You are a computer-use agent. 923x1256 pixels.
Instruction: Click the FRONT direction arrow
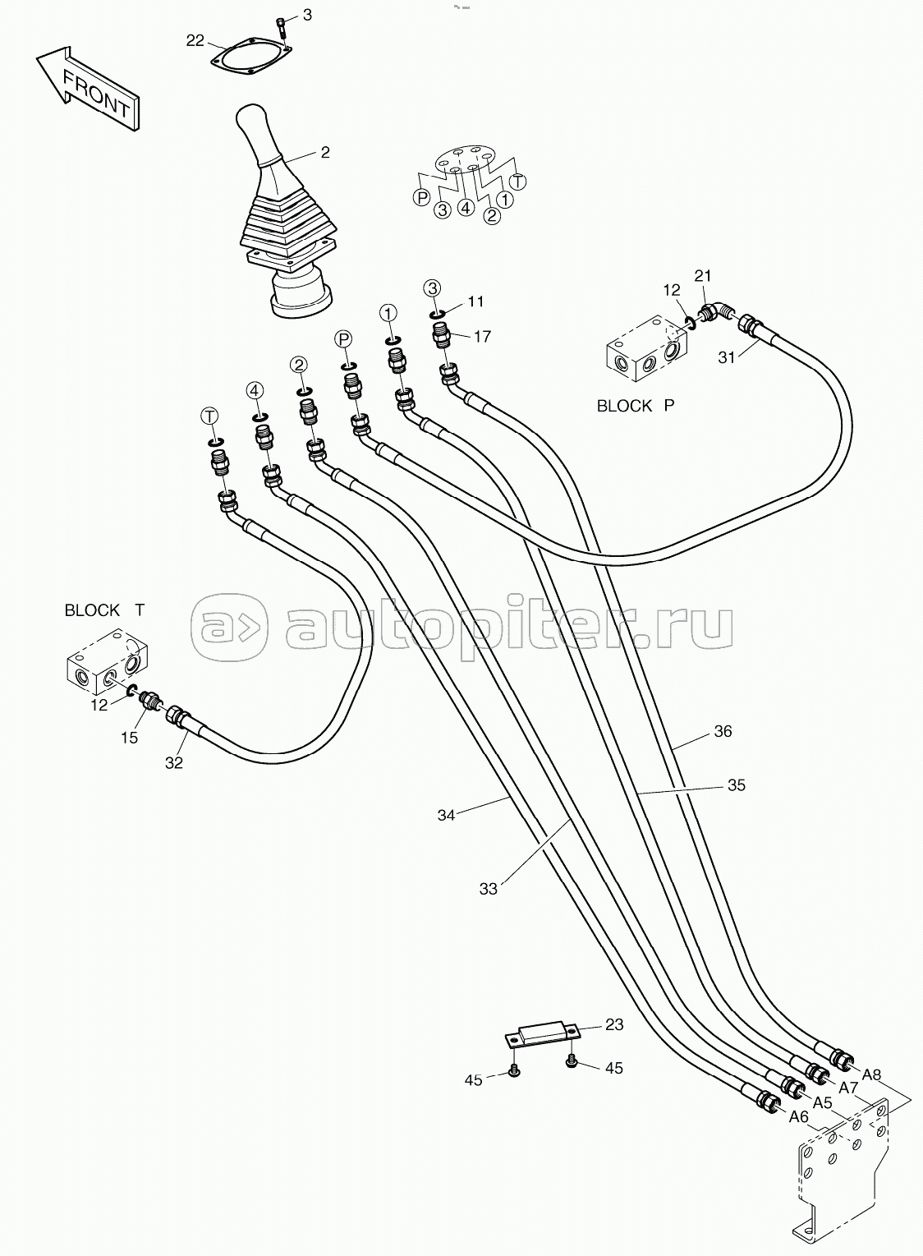(x=88, y=90)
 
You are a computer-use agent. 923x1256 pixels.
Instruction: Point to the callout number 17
(x=482, y=337)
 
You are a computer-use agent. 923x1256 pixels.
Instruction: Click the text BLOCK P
(x=636, y=406)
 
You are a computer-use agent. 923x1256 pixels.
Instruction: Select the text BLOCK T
(x=104, y=610)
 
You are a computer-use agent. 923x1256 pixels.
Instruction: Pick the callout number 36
(x=723, y=731)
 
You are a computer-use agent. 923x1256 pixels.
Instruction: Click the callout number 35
(x=737, y=785)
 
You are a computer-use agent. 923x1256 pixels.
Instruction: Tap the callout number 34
(x=446, y=816)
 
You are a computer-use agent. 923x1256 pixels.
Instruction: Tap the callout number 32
(x=174, y=763)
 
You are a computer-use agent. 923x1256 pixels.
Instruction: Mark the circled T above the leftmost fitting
(x=209, y=416)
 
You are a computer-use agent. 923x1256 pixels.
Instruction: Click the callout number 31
(x=726, y=357)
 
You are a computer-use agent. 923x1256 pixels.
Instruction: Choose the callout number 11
(x=475, y=301)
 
